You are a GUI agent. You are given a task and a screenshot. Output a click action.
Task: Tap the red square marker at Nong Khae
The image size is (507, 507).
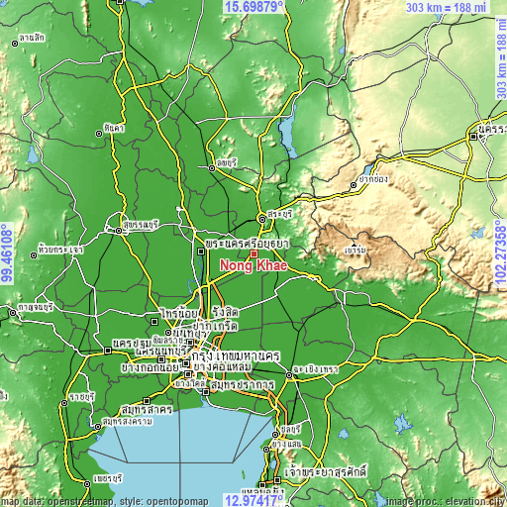click(x=253, y=253)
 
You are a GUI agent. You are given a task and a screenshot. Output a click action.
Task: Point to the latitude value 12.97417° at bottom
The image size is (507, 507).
click(x=253, y=500)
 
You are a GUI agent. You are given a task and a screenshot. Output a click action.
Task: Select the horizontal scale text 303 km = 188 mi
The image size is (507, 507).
click(x=445, y=7)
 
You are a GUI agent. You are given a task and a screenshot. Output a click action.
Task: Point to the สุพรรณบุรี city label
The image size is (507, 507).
click(x=141, y=225)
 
